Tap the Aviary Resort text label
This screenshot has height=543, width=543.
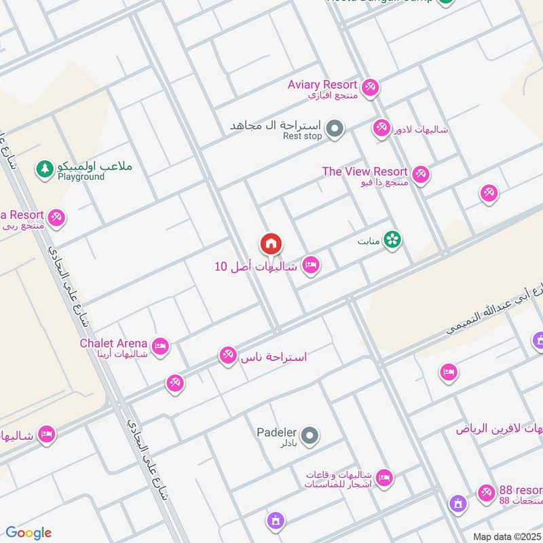point(322,85)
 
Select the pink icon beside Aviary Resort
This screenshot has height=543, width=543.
point(370,88)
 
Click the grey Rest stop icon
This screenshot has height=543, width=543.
point(334,128)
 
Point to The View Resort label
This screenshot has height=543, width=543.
point(365,172)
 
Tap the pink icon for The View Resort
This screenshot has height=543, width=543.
point(421,175)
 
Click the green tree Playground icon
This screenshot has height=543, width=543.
point(45,168)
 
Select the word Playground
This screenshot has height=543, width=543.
point(81,177)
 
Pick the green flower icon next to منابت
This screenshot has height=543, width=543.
point(392,240)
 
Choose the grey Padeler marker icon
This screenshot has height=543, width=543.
point(309,435)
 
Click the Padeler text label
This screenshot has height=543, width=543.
point(276,432)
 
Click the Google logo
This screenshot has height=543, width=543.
point(29,533)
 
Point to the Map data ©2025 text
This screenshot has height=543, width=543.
point(506,536)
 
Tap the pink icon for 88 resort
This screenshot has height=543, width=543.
point(485,493)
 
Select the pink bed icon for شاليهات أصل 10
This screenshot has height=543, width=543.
point(311,266)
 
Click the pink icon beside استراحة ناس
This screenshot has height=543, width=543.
point(227,355)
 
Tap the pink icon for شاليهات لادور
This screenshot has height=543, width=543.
point(381,128)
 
